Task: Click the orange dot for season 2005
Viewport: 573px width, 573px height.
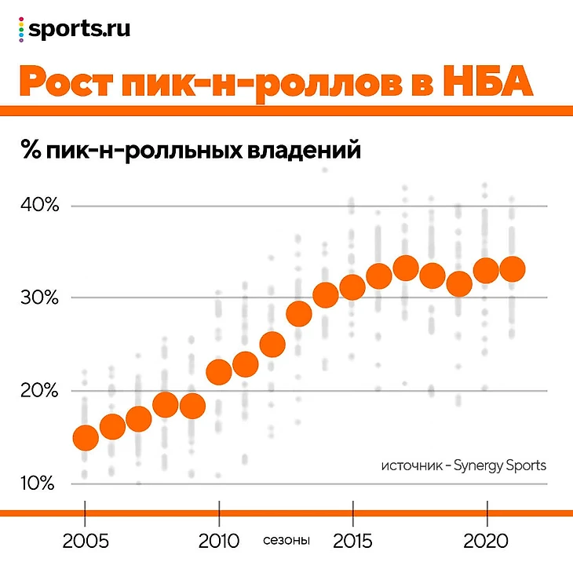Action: (x=85, y=436)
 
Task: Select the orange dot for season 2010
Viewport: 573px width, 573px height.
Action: (x=219, y=370)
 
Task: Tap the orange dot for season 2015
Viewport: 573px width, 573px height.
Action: (x=352, y=288)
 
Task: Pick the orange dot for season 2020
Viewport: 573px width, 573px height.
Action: (x=487, y=271)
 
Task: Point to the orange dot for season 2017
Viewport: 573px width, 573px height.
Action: (x=406, y=268)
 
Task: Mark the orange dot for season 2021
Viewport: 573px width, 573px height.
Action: (x=513, y=269)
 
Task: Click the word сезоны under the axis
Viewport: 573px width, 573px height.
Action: (x=286, y=541)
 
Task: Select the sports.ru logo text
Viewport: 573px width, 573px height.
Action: (x=78, y=29)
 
